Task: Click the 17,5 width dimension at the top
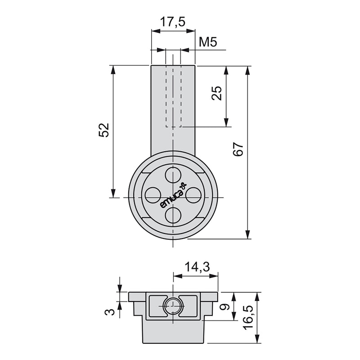173,22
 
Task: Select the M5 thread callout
208,43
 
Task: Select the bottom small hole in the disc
173,215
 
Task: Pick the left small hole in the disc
152,194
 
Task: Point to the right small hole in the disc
193,194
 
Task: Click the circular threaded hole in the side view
173,306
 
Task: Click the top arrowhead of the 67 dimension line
247,69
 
